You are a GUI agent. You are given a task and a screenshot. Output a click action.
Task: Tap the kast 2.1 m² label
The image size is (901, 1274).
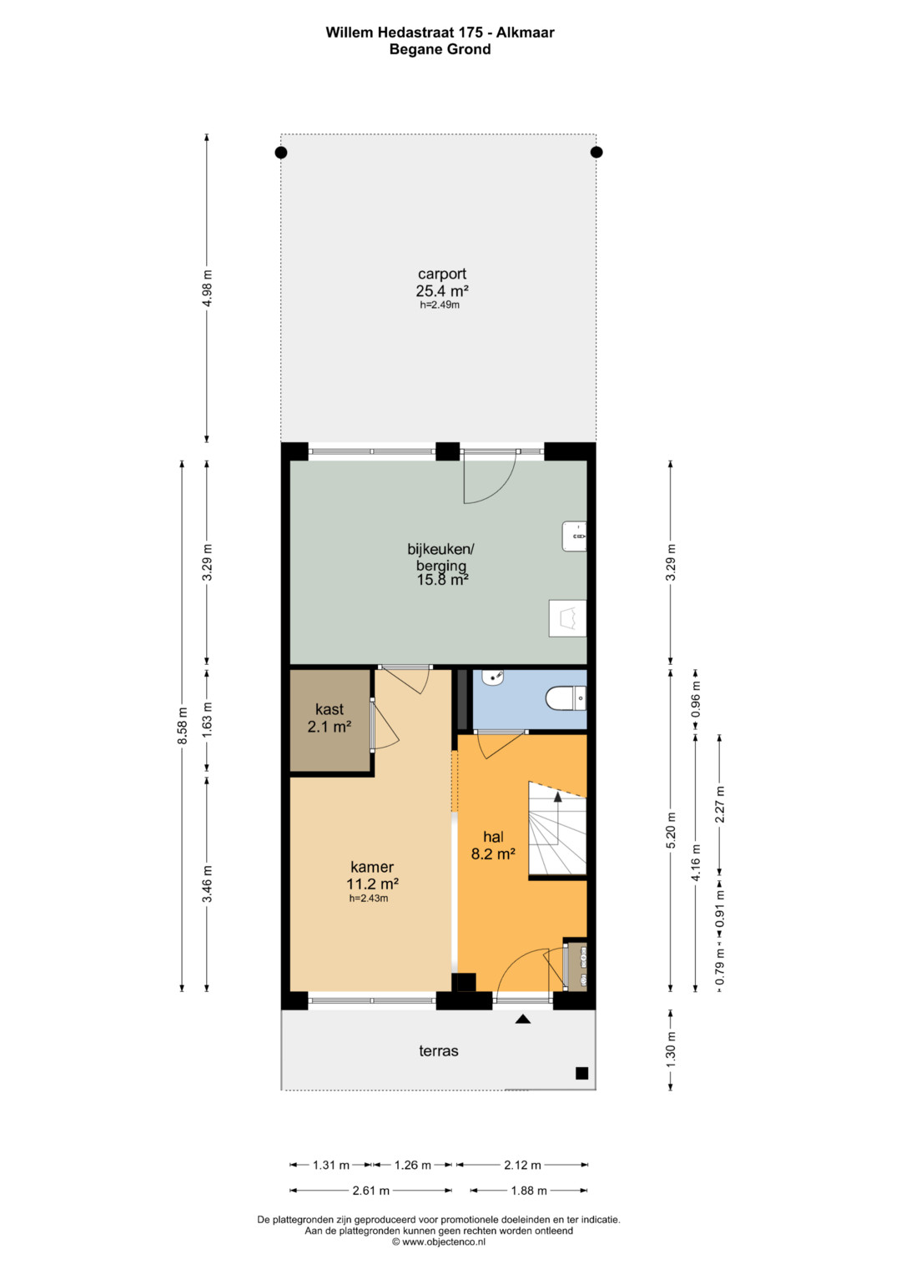tap(330, 718)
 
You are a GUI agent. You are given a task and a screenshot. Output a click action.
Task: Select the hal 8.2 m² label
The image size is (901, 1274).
tap(493, 844)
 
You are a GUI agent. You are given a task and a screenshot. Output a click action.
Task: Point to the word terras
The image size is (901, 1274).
tap(439, 1050)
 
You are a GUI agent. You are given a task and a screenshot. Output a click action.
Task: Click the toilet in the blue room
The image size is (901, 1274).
tap(566, 698)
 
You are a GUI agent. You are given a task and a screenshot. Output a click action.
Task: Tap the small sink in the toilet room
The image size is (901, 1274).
tap(493, 677)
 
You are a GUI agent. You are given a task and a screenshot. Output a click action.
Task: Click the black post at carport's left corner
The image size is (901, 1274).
tap(281, 153)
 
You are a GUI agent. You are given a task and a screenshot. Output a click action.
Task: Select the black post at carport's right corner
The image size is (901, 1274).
tap(596, 152)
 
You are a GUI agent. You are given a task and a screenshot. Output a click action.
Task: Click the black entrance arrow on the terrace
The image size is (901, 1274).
tap(523, 1020)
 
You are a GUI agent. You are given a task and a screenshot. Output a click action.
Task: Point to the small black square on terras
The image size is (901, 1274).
tap(581, 1073)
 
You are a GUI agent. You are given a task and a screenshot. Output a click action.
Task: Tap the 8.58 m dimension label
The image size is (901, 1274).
tap(182, 726)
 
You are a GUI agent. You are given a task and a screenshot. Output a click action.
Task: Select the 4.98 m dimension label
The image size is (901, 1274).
tap(207, 288)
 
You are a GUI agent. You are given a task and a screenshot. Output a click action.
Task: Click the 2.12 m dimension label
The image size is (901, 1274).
tap(522, 1166)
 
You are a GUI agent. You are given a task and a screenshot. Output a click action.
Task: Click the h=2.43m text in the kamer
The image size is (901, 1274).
tap(369, 899)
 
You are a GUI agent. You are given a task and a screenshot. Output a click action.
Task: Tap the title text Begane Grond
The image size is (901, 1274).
tap(440, 49)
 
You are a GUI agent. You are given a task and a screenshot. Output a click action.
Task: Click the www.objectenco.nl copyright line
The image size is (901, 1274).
tap(439, 1242)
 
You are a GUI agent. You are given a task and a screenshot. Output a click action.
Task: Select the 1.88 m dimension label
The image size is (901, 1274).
tap(528, 1191)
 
